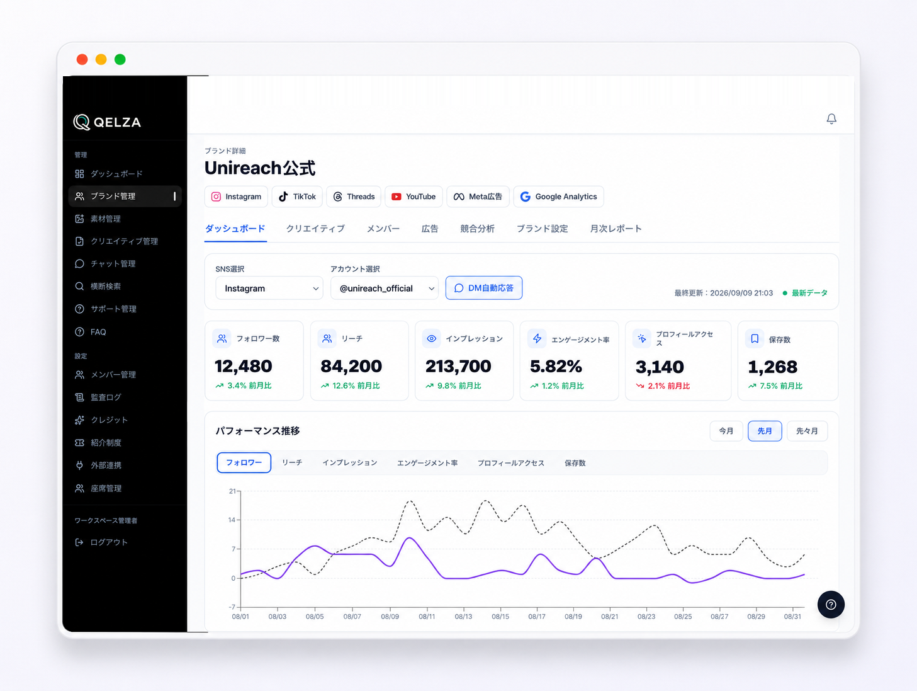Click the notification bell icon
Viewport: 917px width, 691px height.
click(x=831, y=119)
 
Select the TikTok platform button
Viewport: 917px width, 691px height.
click(x=297, y=197)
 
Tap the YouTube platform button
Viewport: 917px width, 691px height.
click(x=413, y=197)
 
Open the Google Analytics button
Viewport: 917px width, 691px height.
click(x=558, y=197)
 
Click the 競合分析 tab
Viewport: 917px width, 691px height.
click(x=477, y=229)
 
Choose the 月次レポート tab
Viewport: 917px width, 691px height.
click(x=616, y=229)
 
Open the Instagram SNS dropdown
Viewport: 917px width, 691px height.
click(x=269, y=288)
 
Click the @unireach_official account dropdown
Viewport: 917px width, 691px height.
click(x=385, y=288)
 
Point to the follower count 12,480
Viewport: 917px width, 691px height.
click(x=243, y=366)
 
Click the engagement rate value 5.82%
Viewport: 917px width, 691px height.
click(x=556, y=366)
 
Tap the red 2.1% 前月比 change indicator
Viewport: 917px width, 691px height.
click(x=663, y=386)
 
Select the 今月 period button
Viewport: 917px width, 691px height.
click(x=726, y=431)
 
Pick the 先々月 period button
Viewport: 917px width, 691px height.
click(x=807, y=431)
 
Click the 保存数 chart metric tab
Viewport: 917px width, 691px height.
click(x=575, y=463)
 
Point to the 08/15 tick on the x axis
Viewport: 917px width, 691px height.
click(x=500, y=617)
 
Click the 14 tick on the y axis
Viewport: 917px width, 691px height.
click(x=232, y=520)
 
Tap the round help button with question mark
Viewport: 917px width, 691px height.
click(x=831, y=605)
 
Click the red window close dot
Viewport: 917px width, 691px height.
click(x=82, y=59)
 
